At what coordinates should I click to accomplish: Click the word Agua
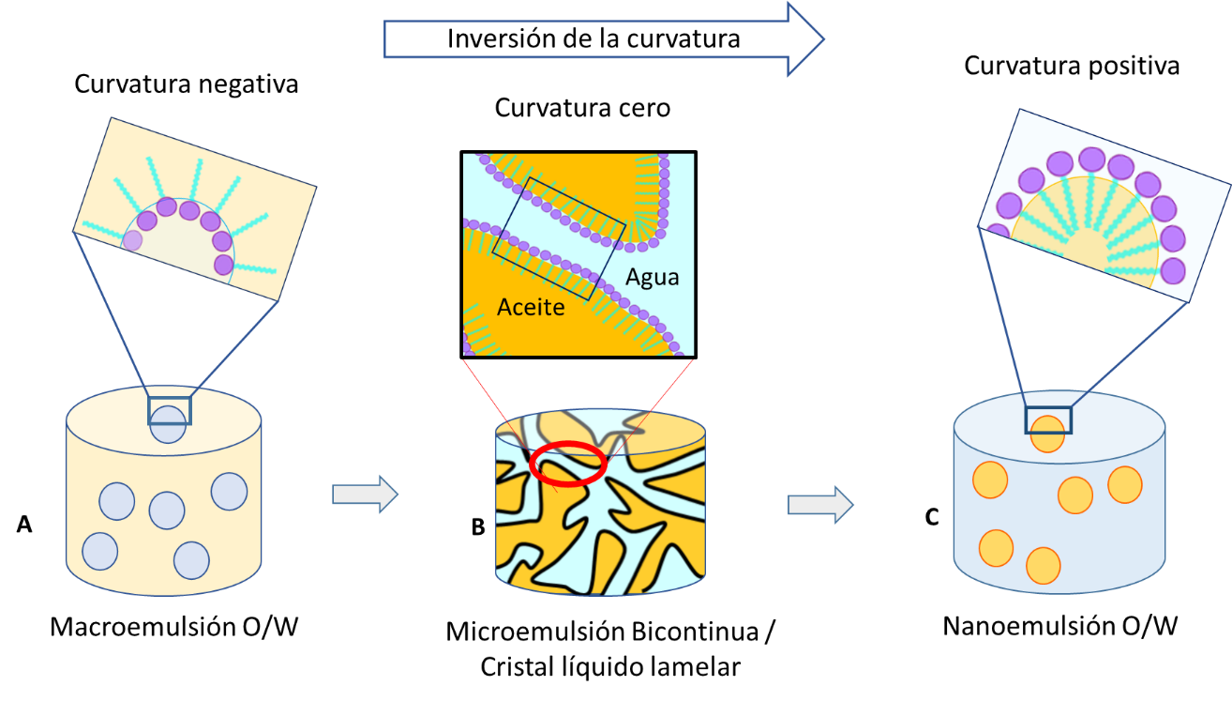pyautogui.click(x=652, y=277)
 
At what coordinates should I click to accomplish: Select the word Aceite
pyautogui.click(x=531, y=307)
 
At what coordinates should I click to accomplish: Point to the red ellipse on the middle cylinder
pyautogui.click(x=568, y=464)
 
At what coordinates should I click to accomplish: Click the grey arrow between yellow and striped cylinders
pyautogui.click(x=365, y=494)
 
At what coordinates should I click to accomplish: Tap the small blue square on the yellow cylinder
pyautogui.click(x=170, y=411)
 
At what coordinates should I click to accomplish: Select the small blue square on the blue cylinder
pyautogui.click(x=1048, y=420)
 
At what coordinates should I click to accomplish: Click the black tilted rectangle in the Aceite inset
pyautogui.click(x=559, y=238)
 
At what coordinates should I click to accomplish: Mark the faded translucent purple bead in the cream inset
pyautogui.click(x=133, y=241)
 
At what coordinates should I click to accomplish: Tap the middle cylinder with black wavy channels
pyautogui.click(x=600, y=526)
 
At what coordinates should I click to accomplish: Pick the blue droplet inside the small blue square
pyautogui.click(x=169, y=424)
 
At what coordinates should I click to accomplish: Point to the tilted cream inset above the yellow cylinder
pyautogui.click(x=195, y=208)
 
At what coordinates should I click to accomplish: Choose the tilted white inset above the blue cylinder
pyautogui.click(x=1104, y=205)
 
